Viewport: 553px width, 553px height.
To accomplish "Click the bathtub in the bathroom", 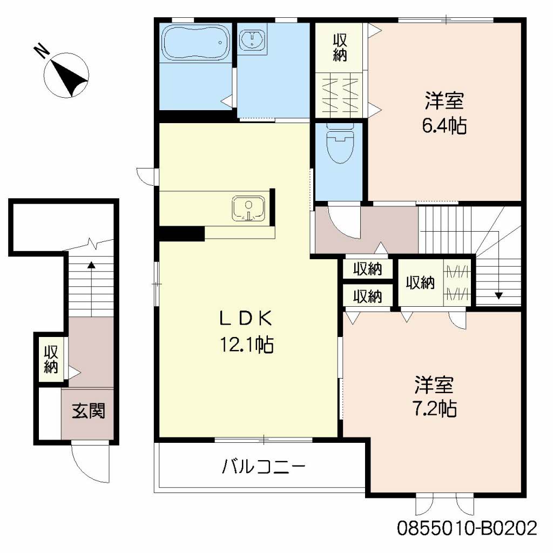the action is [195, 42].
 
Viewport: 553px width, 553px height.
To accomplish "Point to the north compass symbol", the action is [66, 75].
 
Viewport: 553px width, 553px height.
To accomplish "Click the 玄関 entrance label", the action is [89, 411].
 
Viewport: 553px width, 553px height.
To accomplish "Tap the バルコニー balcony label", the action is [263, 467].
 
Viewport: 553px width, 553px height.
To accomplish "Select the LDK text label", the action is [246, 319].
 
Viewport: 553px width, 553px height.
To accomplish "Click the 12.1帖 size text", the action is [247, 345].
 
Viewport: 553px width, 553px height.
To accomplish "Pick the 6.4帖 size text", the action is [444, 125].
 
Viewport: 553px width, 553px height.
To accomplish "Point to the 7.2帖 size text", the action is [435, 409].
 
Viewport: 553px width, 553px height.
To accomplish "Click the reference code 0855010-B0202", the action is [467, 528].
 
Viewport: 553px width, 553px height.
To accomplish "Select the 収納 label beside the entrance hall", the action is [51, 359].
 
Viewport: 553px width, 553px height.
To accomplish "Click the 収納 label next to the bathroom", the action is [340, 48].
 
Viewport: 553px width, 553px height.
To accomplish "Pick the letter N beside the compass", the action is [42, 51].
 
